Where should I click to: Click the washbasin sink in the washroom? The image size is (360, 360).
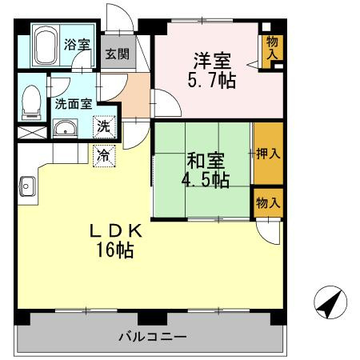click(x=64, y=128)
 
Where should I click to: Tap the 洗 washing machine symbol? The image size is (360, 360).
click(x=103, y=126)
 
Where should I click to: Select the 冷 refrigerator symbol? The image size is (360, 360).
click(x=103, y=154)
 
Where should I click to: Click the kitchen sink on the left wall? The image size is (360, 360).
click(x=26, y=187)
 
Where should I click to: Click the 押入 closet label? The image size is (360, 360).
click(x=267, y=154)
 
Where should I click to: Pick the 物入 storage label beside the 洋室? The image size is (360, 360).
click(x=271, y=47)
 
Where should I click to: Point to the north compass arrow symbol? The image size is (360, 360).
click(x=330, y=303)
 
